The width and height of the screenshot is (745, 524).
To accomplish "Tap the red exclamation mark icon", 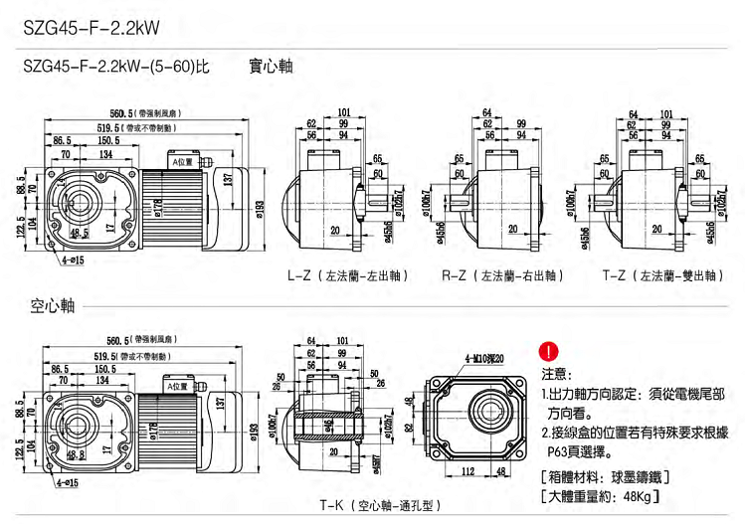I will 548,351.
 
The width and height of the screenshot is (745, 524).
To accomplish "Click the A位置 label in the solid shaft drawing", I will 183,160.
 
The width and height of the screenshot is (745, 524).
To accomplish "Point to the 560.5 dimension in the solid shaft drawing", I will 123,113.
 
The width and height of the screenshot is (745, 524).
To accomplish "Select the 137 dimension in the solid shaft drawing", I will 229,178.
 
